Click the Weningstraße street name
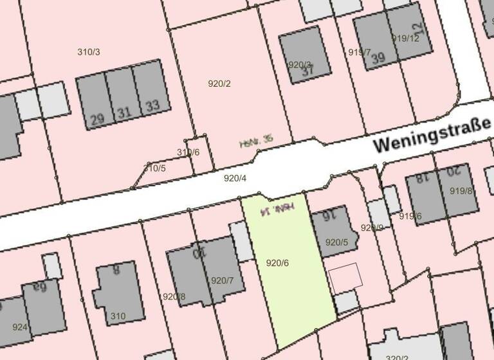click(x=432, y=137)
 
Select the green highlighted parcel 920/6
click(x=289, y=270)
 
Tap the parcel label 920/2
click(x=219, y=84)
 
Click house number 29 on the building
click(x=98, y=119)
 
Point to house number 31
click(x=124, y=113)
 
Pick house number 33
click(x=152, y=105)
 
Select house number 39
click(x=378, y=58)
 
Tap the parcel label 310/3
click(x=88, y=51)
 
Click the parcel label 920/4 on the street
click(x=235, y=178)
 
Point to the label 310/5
click(x=154, y=168)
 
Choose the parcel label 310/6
click(x=188, y=152)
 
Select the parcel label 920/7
click(x=222, y=280)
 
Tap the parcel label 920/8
click(x=174, y=296)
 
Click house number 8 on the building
click(x=116, y=270)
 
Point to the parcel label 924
click(x=20, y=327)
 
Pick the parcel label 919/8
click(x=461, y=190)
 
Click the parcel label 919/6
click(x=410, y=216)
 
